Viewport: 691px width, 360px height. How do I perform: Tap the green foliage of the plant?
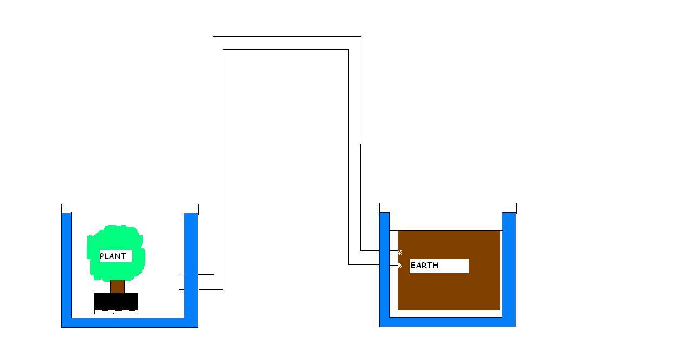pos(116,237)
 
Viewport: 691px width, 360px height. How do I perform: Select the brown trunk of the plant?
pos(117,287)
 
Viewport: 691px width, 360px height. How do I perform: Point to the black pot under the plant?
pos(116,302)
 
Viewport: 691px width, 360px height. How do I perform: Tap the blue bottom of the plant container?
pos(130,322)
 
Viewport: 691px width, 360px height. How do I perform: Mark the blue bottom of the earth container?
pos(448,322)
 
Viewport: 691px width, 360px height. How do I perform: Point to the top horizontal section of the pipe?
pos(286,43)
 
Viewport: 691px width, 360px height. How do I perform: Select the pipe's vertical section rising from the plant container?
pos(218,162)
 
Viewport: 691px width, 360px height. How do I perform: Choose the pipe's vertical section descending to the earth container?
pos(354,151)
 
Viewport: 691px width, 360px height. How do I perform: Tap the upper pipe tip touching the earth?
pos(399,252)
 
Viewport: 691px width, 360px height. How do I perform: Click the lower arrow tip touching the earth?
pos(399,265)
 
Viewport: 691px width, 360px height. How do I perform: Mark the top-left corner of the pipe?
pos(218,43)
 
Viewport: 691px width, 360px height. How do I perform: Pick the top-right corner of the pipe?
pos(354,43)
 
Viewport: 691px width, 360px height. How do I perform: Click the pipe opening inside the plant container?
pos(181,282)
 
